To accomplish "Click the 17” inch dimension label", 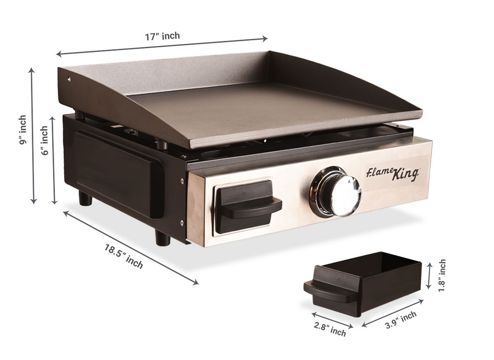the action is click(162, 36).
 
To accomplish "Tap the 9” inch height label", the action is click(23, 130).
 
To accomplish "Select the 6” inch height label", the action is click(45, 141).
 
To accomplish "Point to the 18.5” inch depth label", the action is click(124, 256).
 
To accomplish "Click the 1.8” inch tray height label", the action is click(442, 275).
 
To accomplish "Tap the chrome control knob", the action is click(335, 192).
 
